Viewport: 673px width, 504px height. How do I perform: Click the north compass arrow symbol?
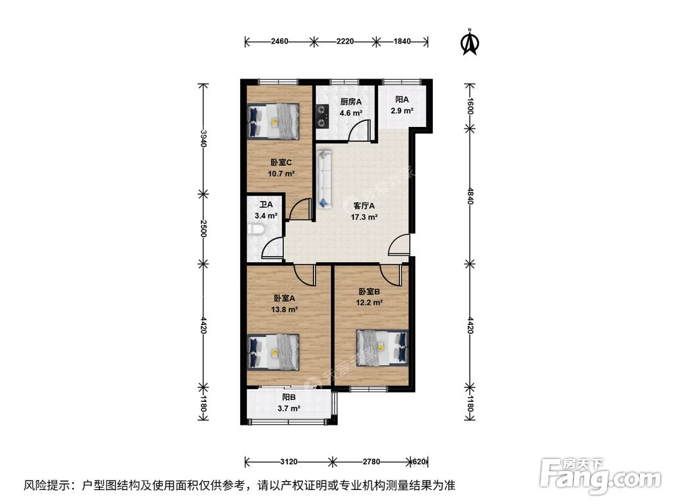tap(469, 42)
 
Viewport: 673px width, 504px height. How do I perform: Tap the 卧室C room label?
tap(281, 163)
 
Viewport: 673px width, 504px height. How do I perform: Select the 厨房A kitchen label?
tap(350, 102)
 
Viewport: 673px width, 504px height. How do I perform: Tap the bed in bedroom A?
tap(273, 351)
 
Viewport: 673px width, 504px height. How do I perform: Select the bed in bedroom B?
tap(382, 347)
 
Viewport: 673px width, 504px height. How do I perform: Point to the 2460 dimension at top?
tap(280, 42)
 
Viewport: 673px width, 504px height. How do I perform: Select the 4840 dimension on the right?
tap(471, 199)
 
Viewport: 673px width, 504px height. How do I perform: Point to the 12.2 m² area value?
tap(370, 303)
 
